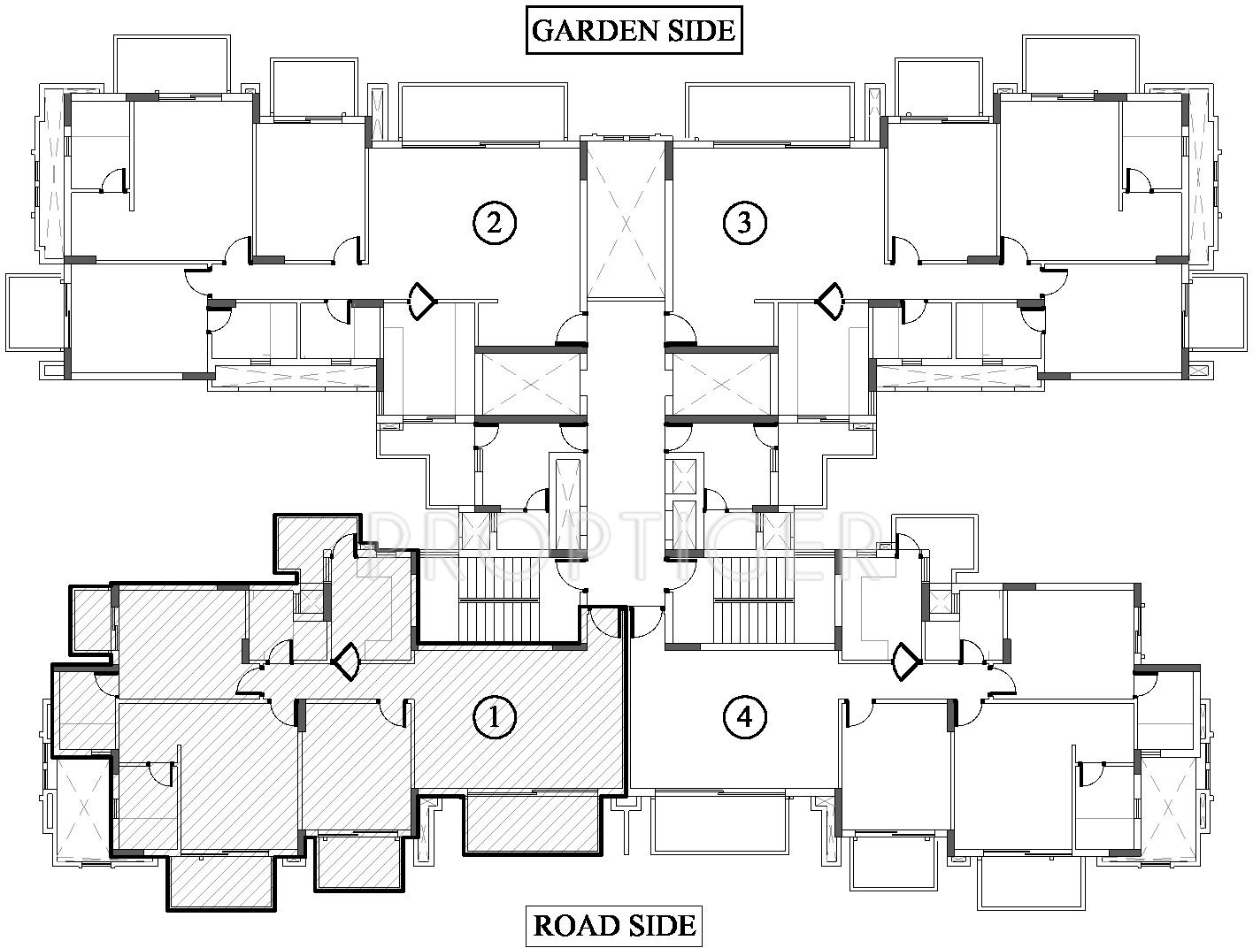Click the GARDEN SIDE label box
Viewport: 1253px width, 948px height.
click(x=633, y=30)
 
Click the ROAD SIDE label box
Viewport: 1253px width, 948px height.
click(x=614, y=925)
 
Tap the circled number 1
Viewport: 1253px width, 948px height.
click(x=494, y=717)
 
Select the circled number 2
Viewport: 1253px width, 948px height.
click(x=494, y=223)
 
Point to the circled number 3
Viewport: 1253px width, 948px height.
click(x=743, y=223)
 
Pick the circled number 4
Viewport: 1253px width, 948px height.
click(x=743, y=717)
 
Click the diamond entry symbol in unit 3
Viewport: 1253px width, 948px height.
click(x=830, y=302)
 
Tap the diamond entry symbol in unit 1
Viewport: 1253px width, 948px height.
click(x=345, y=660)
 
